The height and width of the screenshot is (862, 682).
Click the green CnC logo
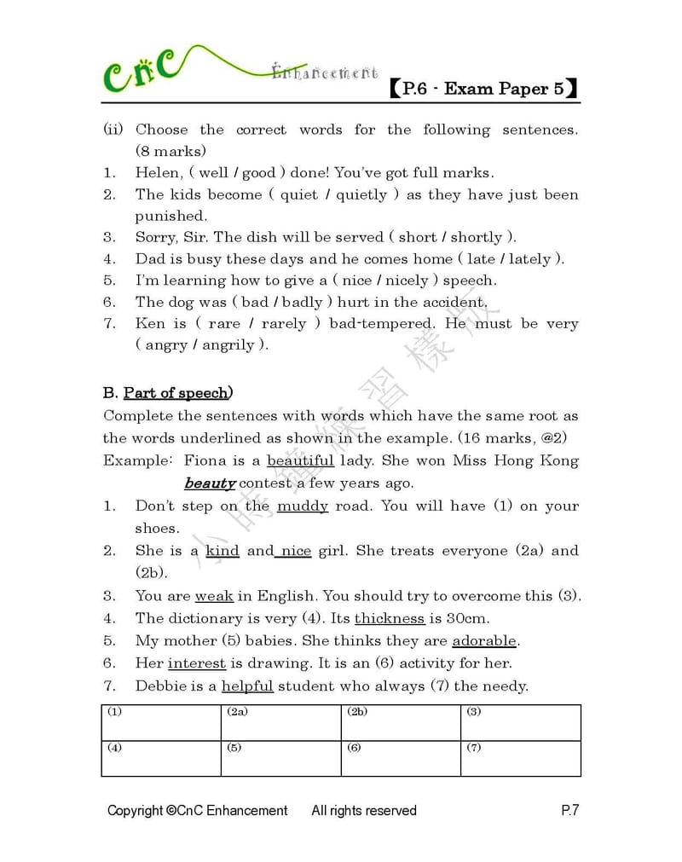tap(142, 70)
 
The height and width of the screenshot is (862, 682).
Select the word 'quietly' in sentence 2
tap(361, 194)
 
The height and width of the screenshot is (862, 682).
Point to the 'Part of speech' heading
tap(176, 393)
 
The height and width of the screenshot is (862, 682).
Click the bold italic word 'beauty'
tap(210, 483)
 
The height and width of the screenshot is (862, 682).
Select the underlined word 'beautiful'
tap(300, 461)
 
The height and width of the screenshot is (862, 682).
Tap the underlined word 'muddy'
tap(303, 506)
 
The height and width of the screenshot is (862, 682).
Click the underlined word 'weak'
tap(214, 596)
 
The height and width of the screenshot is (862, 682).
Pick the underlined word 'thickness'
tap(390, 618)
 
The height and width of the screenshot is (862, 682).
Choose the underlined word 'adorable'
tap(484, 640)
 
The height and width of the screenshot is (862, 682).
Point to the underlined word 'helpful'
tap(247, 686)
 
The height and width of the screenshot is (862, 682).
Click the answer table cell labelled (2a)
tap(280, 722)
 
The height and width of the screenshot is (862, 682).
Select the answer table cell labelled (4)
tap(161, 758)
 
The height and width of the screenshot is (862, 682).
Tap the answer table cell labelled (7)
tap(520, 758)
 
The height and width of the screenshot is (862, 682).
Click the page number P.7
tap(569, 811)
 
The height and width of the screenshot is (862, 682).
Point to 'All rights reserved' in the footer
tap(364, 811)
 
